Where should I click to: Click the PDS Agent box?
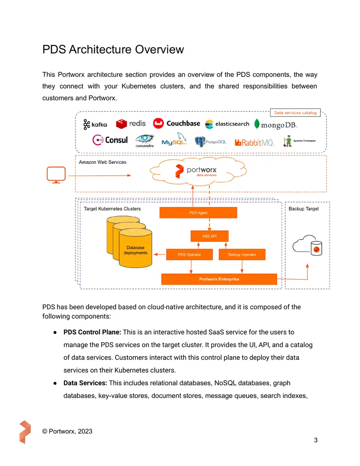tap(198, 213)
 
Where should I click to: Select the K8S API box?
tap(209, 236)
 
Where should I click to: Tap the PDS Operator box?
tap(189, 255)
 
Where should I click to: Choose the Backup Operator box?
tap(242, 255)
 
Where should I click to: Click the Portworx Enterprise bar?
tap(219, 279)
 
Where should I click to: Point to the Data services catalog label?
tap(295, 113)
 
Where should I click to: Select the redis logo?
tap(130, 124)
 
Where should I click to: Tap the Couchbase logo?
tap(176, 123)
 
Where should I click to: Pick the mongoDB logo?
tap(276, 125)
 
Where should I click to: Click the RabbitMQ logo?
tap(254, 143)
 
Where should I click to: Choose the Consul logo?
tap(110, 140)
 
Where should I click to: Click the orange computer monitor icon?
tap(56, 175)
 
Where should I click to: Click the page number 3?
tap(316, 440)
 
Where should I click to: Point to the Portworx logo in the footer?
tap(25, 432)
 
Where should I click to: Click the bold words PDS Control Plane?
tap(92, 332)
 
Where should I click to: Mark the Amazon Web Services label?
tap(103, 162)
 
